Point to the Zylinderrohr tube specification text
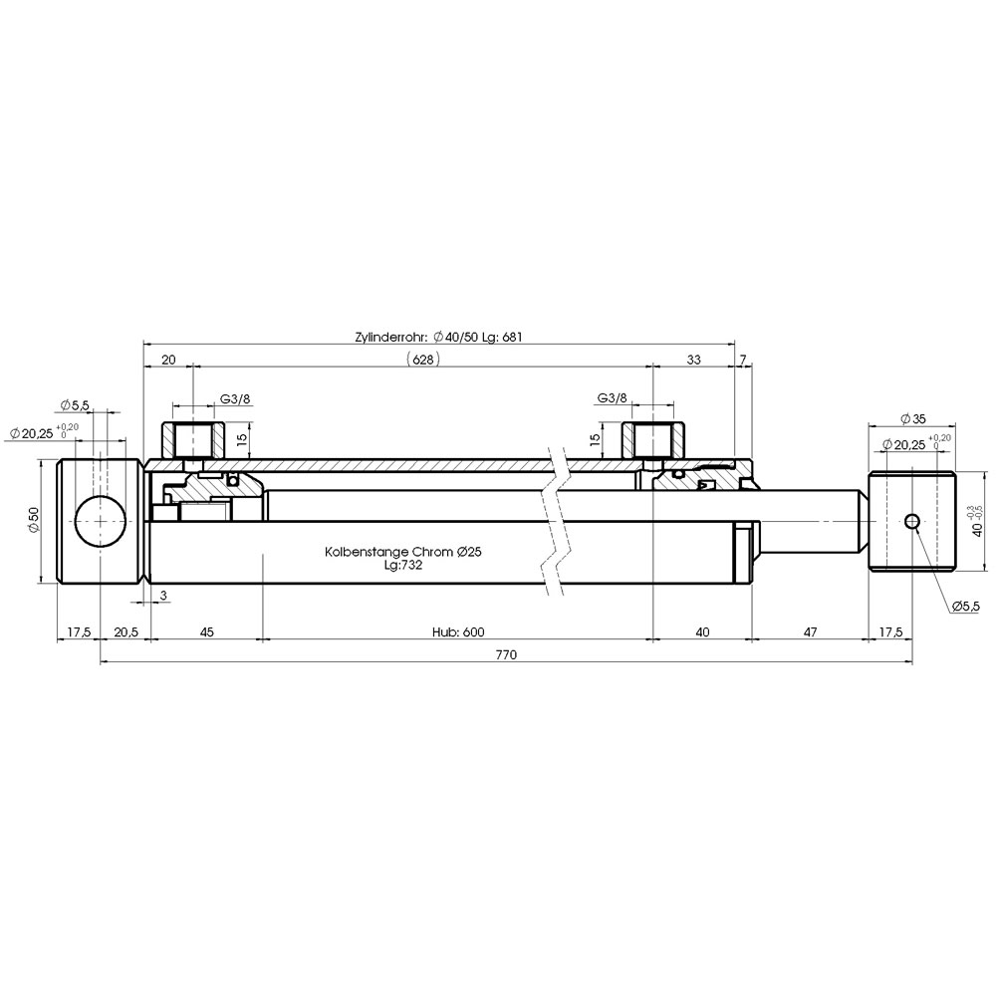[x=438, y=337]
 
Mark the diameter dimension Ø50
[x=32, y=519]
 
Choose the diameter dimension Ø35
[x=913, y=417]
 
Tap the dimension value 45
[x=206, y=631]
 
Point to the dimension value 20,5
[x=125, y=631]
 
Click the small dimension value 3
[x=162, y=595]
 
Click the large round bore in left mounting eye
[x=102, y=520]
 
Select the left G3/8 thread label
[x=234, y=398]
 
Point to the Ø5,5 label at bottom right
[x=965, y=606]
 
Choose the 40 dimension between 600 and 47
[x=702, y=631]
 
